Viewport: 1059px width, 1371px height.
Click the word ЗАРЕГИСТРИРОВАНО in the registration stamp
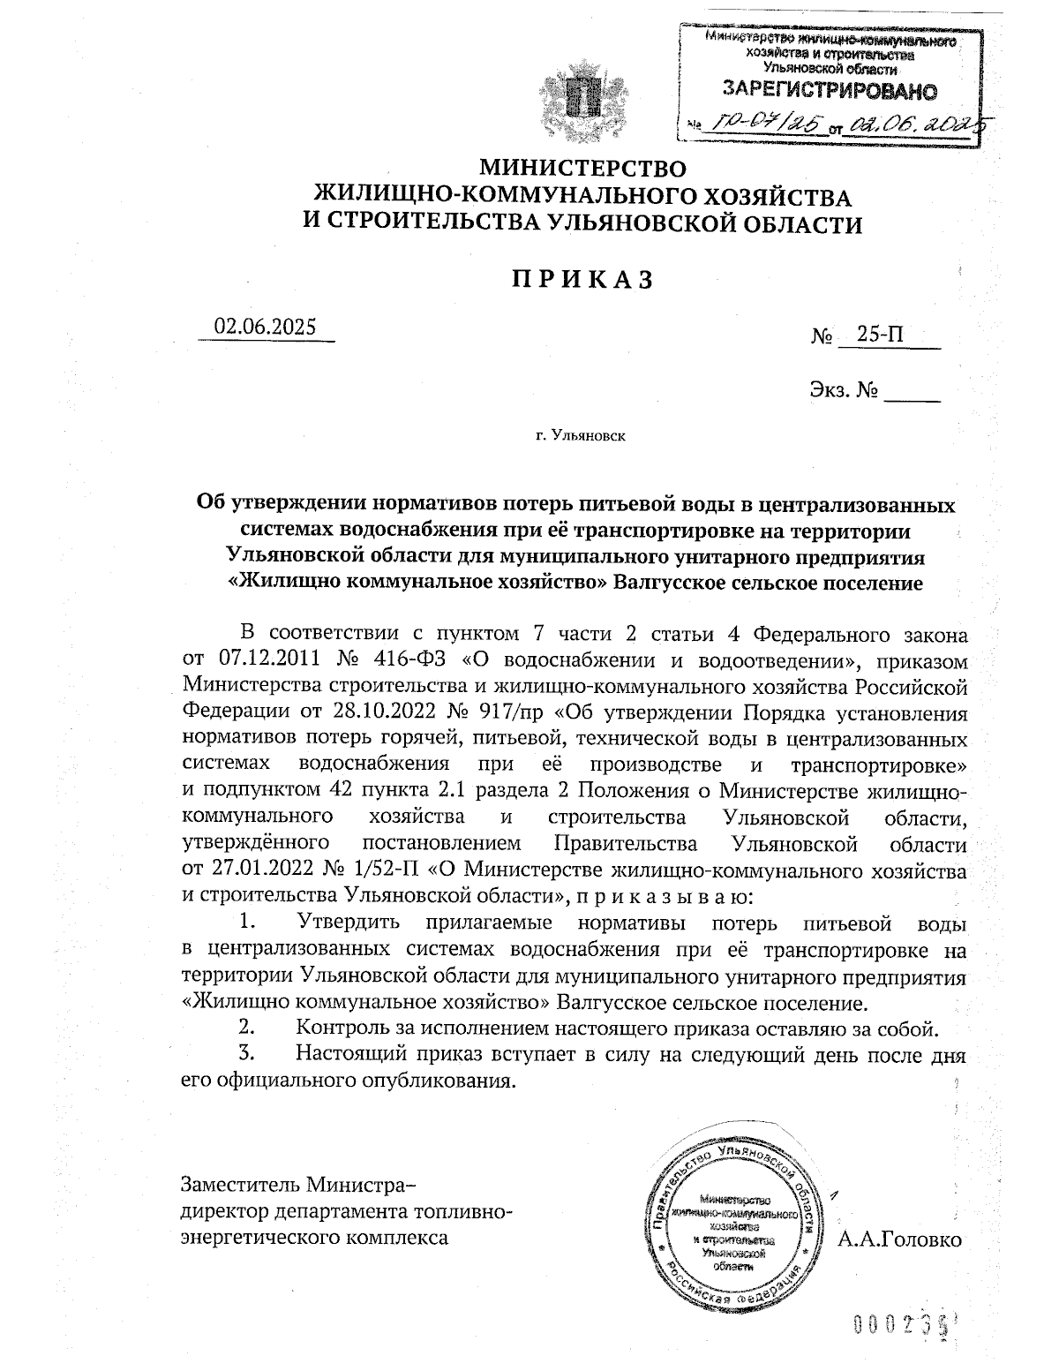point(830,89)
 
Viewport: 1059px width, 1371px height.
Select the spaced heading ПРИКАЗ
point(582,280)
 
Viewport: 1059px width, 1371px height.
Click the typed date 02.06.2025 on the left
point(265,326)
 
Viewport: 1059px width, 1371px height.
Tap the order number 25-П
point(879,335)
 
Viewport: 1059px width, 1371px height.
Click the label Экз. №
point(842,388)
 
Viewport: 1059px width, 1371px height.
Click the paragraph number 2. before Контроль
point(247,1028)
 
